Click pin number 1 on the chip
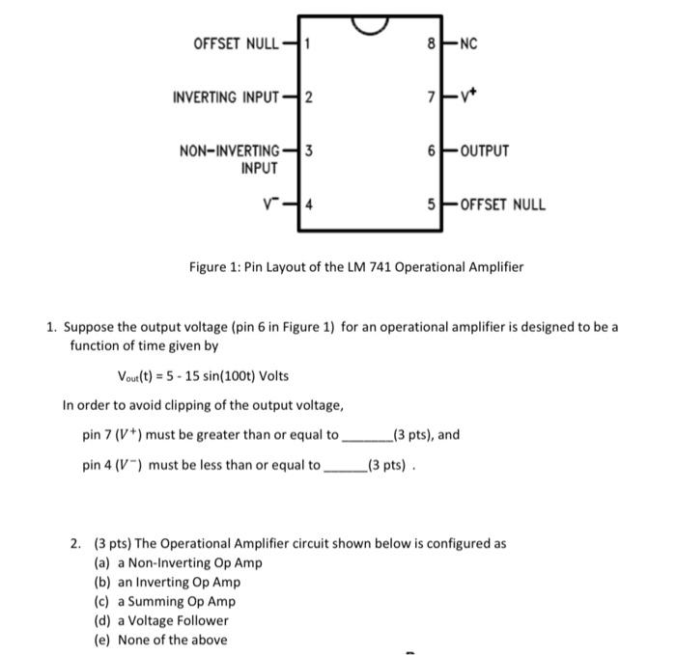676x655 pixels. pos(306,43)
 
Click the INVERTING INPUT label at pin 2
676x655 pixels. pos(226,97)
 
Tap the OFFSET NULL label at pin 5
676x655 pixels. pos(502,205)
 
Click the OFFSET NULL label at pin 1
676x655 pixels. pos(236,43)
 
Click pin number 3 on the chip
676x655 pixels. pos(306,150)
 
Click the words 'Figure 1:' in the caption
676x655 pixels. pos(215,266)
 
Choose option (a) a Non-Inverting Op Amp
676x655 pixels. pos(179,563)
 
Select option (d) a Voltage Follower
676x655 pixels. pos(161,620)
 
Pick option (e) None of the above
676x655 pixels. pos(160,640)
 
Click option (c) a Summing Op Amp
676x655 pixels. pos(165,601)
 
